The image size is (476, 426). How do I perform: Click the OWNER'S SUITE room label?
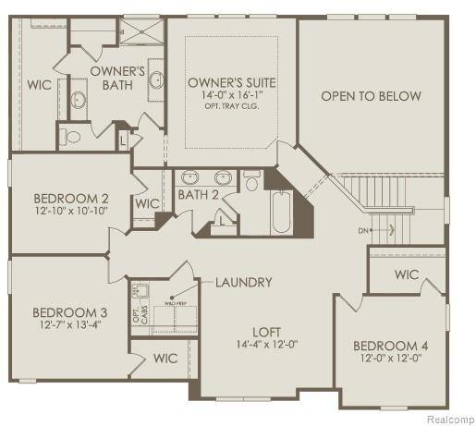coord(232,82)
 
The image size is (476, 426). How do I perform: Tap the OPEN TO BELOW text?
coord(372,96)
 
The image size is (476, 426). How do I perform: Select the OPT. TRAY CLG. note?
coord(232,105)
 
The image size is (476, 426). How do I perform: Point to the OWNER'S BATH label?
coord(117,78)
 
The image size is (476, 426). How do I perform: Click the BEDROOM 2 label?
coord(72,198)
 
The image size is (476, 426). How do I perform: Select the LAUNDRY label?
coord(244,282)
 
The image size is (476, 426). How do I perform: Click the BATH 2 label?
coord(199,195)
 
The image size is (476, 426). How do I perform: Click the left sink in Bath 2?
coord(191,177)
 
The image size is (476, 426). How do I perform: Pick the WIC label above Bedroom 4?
coord(408,274)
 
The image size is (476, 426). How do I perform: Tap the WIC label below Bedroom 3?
coord(165,358)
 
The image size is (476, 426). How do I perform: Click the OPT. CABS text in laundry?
coord(137,315)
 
